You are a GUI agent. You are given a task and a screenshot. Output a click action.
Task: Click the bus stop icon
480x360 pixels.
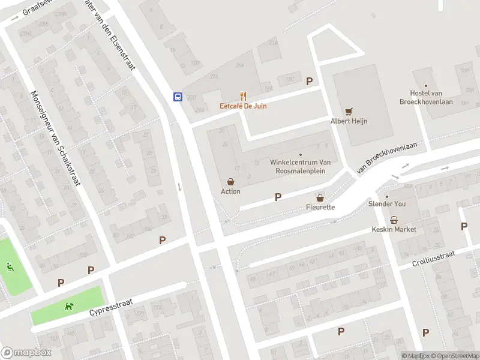178,97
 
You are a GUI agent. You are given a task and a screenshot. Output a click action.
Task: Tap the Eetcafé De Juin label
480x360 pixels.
243,106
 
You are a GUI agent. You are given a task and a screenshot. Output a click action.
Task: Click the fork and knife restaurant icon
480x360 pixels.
243,96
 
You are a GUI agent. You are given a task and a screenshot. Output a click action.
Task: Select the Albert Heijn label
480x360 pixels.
349,121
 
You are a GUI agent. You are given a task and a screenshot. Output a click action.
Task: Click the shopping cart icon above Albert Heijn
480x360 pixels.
349,111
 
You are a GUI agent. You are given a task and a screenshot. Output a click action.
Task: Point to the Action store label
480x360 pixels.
230,191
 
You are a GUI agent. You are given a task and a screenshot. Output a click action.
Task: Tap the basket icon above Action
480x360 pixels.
230,181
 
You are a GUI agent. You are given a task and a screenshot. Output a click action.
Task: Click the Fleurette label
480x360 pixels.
320,207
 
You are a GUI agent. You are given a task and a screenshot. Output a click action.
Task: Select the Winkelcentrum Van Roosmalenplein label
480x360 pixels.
301,166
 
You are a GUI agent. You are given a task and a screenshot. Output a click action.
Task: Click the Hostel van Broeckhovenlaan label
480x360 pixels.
425,97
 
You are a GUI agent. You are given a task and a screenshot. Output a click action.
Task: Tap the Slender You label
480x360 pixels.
387,204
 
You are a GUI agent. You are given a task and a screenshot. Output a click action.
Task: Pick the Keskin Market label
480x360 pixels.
394,229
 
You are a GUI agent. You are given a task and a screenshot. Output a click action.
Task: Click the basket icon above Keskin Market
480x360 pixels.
394,220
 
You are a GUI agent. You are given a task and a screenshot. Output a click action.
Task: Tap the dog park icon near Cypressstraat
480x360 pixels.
70,306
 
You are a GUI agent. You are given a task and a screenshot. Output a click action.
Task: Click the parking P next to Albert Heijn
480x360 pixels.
310,82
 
